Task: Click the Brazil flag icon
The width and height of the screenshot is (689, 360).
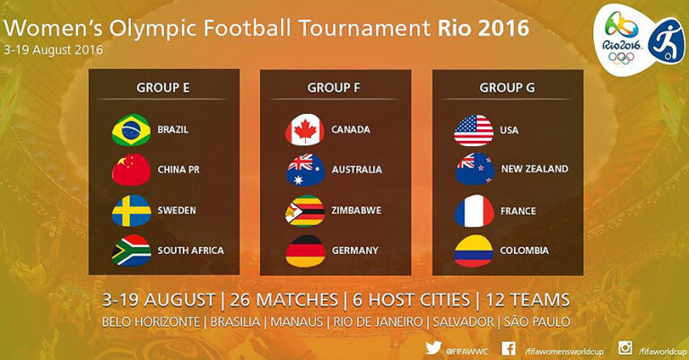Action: click(x=131, y=130)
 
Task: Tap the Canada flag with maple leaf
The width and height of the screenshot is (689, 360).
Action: click(x=305, y=129)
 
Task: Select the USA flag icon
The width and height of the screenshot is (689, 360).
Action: click(x=474, y=130)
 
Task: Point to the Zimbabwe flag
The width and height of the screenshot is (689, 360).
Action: click(x=305, y=211)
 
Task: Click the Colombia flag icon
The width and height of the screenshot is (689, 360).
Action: click(x=474, y=251)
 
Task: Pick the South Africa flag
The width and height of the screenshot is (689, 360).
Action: click(x=131, y=250)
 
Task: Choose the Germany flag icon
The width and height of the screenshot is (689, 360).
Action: click(x=305, y=251)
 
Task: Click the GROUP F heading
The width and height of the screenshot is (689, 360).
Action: click(x=334, y=88)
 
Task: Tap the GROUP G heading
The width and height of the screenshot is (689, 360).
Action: click(x=507, y=88)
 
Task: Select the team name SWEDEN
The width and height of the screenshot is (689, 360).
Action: click(x=177, y=210)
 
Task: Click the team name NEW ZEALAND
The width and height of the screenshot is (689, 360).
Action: click(x=535, y=169)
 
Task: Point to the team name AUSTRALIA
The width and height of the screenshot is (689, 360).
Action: click(x=357, y=170)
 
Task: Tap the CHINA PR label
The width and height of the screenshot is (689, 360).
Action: click(x=179, y=170)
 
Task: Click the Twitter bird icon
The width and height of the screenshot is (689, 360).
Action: click(x=433, y=347)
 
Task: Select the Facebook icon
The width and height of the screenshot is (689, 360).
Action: click(x=509, y=348)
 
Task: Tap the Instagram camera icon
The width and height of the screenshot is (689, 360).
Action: click(x=625, y=347)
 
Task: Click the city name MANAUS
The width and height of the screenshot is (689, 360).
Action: click(x=297, y=322)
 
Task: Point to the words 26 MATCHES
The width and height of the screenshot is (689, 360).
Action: click(x=283, y=300)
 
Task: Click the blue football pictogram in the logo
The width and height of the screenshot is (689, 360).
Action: click(x=667, y=41)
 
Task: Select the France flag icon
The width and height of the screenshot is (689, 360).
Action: click(x=475, y=211)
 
